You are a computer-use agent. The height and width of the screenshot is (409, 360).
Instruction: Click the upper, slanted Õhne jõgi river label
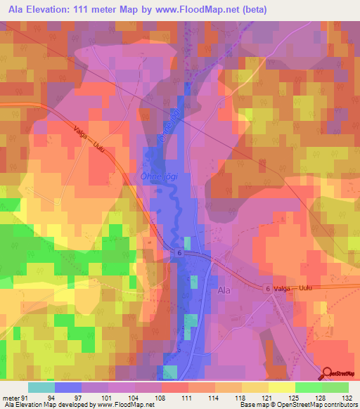(x=167, y=125)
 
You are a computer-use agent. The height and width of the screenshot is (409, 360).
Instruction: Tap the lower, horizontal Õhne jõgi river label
(x=160, y=178)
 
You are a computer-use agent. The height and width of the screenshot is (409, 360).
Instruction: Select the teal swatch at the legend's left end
(x=41, y=388)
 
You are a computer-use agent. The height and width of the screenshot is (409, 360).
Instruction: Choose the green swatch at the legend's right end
(x=335, y=388)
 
